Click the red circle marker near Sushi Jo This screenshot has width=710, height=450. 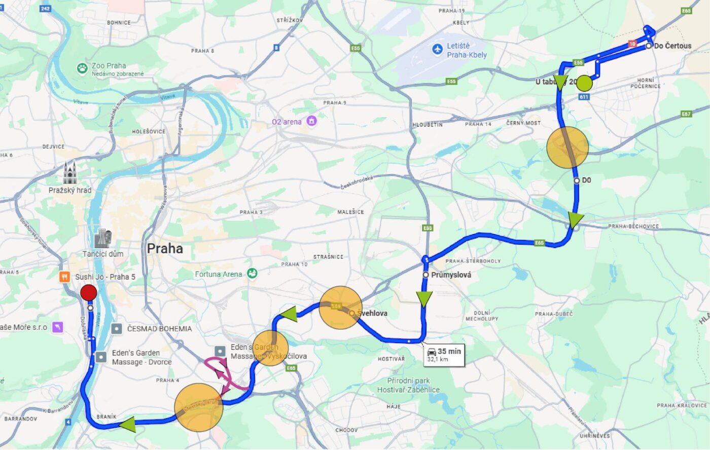[89, 292]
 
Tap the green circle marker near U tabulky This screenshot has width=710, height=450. [585, 83]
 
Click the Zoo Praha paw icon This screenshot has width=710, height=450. [82, 68]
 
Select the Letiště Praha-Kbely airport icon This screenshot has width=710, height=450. [437, 50]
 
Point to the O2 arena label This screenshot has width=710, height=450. [287, 122]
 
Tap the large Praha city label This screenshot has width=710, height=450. [165, 249]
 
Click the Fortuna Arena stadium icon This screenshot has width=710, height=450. [252, 274]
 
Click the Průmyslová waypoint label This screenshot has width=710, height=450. [451, 275]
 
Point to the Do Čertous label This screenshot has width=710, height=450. [672, 46]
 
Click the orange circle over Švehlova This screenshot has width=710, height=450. [340, 308]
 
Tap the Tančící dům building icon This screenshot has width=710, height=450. [103, 238]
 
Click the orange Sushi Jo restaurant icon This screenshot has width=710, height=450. [64, 277]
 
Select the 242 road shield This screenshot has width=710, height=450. [45, 9]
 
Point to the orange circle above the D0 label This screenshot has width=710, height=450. [567, 147]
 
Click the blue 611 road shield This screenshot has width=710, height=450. [584, 97]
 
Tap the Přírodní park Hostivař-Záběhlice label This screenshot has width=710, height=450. [408, 385]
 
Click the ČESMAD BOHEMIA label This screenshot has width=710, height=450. [159, 329]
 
